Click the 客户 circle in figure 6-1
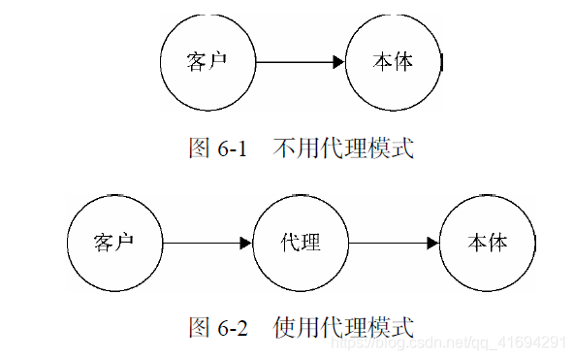tap(207, 62)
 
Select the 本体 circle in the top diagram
tap(394, 62)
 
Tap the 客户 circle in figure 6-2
tap(114, 242)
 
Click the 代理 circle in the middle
tap(301, 242)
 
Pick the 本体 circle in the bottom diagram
tap(487, 242)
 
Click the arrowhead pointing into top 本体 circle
tap(338, 62)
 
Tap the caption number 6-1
tap(233, 149)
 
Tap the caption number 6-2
tap(233, 328)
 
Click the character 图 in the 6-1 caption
tap(199, 149)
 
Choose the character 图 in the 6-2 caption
tap(199, 328)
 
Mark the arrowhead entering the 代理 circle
tap(246, 242)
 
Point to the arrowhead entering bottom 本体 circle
tap(432, 242)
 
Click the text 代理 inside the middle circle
tap(301, 242)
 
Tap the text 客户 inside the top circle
tap(207, 62)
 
